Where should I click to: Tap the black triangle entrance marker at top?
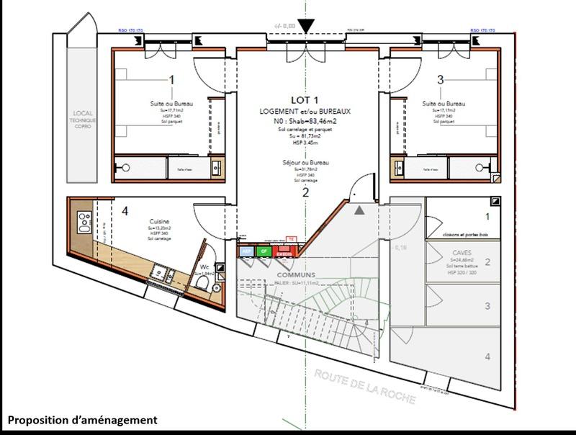(x=306, y=27)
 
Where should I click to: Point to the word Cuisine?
(x=159, y=221)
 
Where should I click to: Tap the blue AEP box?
(x=246, y=251)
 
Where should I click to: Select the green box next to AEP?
(x=264, y=251)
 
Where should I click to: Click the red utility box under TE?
(x=284, y=251)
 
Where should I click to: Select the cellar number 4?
(x=487, y=356)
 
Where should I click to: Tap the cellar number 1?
(x=487, y=217)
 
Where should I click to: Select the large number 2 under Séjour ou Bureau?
(x=305, y=192)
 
